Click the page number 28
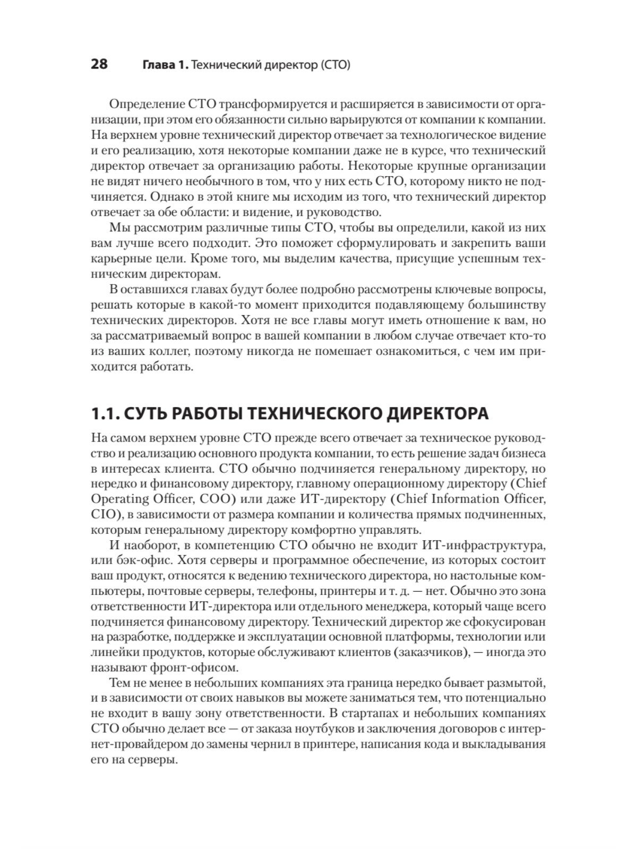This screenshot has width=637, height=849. (x=99, y=65)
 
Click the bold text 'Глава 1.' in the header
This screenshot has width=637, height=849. (x=165, y=65)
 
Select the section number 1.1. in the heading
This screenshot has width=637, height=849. (x=107, y=414)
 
